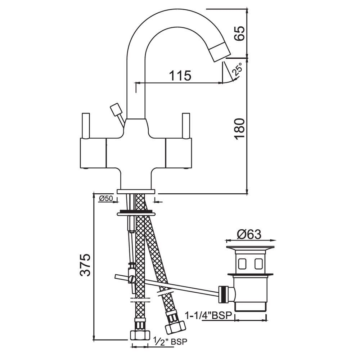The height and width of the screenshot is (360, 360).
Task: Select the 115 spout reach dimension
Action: [x=180, y=76]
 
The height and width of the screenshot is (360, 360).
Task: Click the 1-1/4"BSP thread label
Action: [x=208, y=316]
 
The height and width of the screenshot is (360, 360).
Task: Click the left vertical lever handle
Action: [x=86, y=126]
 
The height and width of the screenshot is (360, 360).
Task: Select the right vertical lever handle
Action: [x=186, y=126]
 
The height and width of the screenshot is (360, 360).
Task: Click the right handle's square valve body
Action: [x=179, y=154]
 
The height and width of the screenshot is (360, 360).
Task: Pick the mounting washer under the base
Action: [x=136, y=213]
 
